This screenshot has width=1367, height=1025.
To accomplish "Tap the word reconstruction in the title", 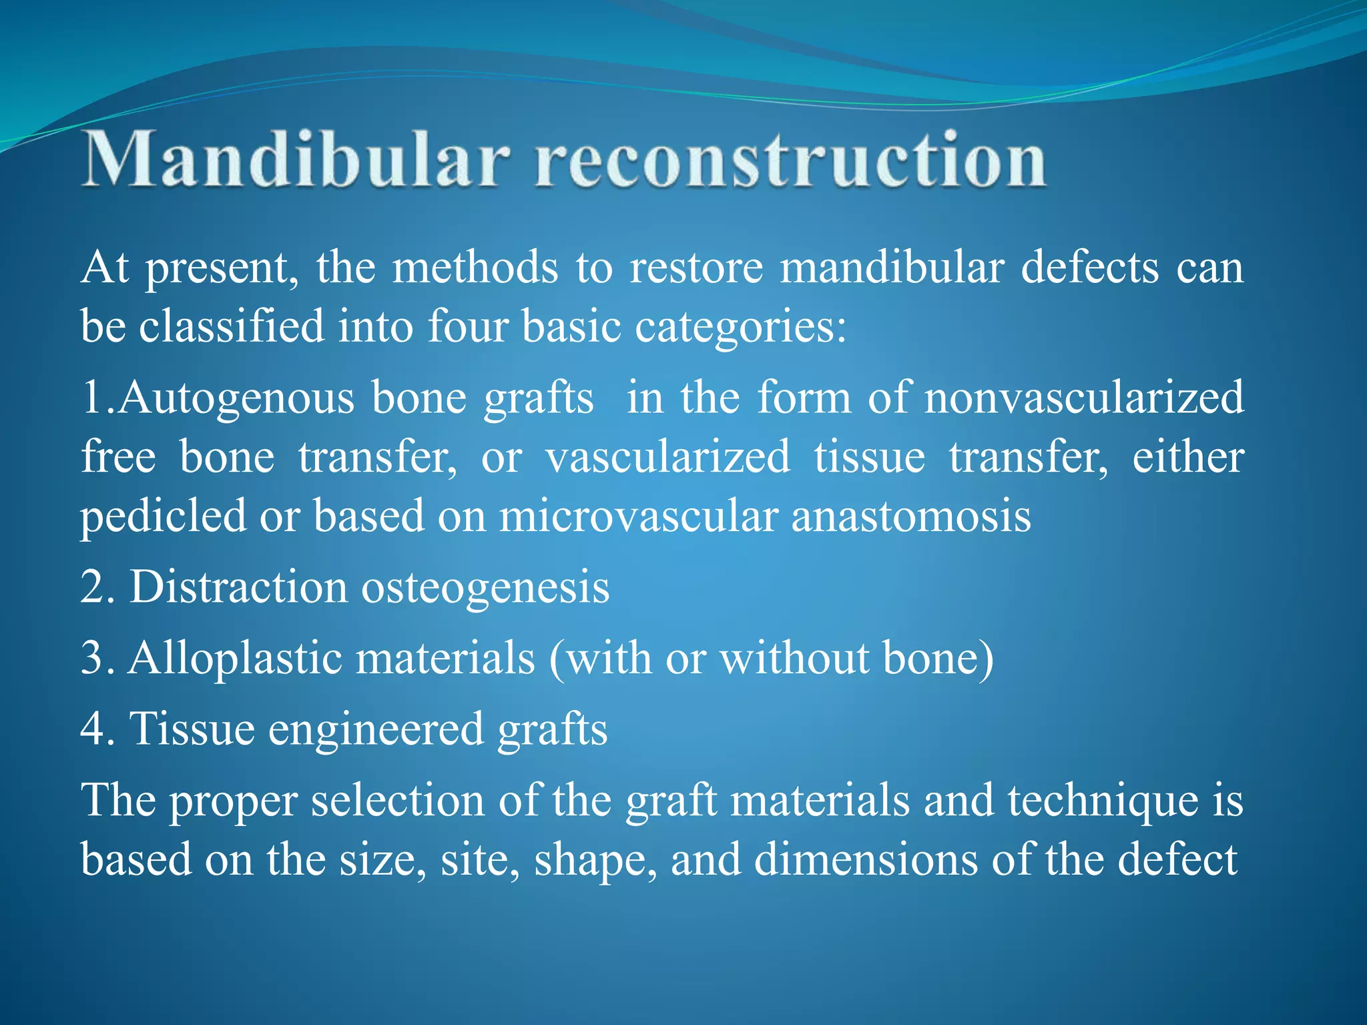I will coord(790,160).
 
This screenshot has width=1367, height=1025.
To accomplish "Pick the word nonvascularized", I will coord(1084,398).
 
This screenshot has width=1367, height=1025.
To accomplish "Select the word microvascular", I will coord(638,517).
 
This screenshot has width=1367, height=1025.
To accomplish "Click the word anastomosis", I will coord(911,517).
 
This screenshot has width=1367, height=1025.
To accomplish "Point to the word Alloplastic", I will coord(235,659).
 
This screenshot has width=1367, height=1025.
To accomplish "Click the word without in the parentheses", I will coord(794,659).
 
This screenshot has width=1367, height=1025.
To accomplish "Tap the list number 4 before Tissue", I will coord(92,729).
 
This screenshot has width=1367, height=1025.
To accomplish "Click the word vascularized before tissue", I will coord(667,458).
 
